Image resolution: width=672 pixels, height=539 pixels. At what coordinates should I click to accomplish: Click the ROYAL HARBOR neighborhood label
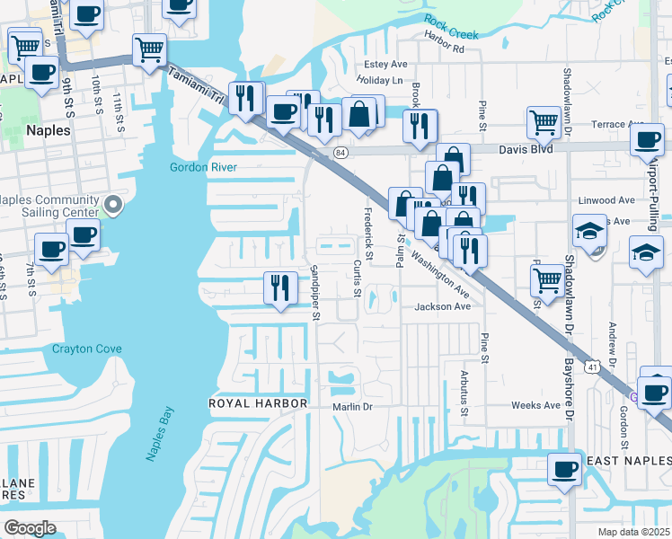pyautogui.click(x=258, y=403)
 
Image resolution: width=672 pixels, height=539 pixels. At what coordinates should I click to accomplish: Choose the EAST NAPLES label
pyautogui.click(x=628, y=461)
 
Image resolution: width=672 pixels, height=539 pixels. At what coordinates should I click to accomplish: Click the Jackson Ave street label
pyautogui.click(x=442, y=306)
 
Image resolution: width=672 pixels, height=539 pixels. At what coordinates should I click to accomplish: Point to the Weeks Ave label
pyautogui.click(x=535, y=405)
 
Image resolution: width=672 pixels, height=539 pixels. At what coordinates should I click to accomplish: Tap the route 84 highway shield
pyautogui.click(x=340, y=153)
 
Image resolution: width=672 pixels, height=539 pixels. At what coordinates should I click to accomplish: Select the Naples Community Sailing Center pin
pyautogui.click(x=112, y=207)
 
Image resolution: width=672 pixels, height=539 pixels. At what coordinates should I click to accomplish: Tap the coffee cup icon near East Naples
pyautogui.click(x=565, y=470)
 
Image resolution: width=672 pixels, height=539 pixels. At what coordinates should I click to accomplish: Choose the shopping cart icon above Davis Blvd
pyautogui.click(x=544, y=121)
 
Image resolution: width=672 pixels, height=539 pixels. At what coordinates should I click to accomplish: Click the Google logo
pyautogui.click(x=30, y=527)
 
